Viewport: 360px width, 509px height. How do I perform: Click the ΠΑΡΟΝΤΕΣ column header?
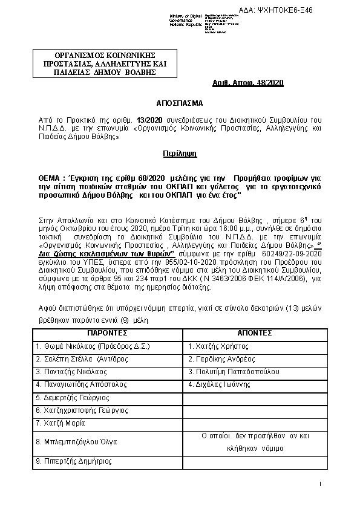coord(106,333)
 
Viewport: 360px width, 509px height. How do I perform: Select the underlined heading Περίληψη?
coord(179,155)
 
